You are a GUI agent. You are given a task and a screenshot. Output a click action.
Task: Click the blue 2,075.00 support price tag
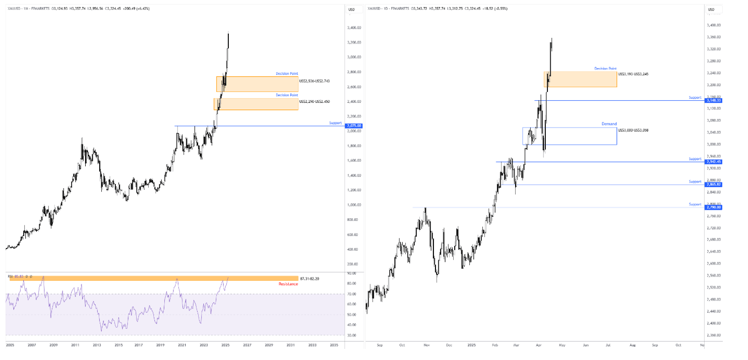pyautogui.click(x=355, y=126)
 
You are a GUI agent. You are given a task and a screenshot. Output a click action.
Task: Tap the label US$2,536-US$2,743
pyautogui.click(x=314, y=81)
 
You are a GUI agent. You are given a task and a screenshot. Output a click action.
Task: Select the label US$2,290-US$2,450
pyautogui.click(x=314, y=101)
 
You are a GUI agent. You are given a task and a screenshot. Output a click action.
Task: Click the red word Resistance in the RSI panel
pyautogui.click(x=288, y=284)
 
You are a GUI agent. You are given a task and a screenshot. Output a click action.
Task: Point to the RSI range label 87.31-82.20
pyautogui.click(x=309, y=278)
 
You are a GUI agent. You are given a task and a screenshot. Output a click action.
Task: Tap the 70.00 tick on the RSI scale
pyautogui.click(x=353, y=294)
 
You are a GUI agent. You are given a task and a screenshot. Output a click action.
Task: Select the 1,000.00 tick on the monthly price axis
pyautogui.click(x=353, y=205)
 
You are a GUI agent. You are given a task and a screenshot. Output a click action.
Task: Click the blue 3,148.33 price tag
pyautogui.click(x=713, y=100)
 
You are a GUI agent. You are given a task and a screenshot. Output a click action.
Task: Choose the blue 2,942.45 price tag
pyautogui.click(x=713, y=162)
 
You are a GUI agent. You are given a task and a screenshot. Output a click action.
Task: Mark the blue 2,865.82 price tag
pyautogui.click(x=713, y=185)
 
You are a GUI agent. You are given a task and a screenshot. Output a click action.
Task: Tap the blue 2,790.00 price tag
pyautogui.click(x=713, y=207)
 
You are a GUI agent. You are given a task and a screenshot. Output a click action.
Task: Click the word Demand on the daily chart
pyautogui.click(x=609, y=124)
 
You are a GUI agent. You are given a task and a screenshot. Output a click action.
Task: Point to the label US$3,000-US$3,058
pyautogui.click(x=633, y=130)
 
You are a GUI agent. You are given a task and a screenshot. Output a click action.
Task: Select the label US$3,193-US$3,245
pyautogui.click(x=634, y=74)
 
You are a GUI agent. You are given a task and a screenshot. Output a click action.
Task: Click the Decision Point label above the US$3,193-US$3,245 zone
pyautogui.click(x=605, y=69)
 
